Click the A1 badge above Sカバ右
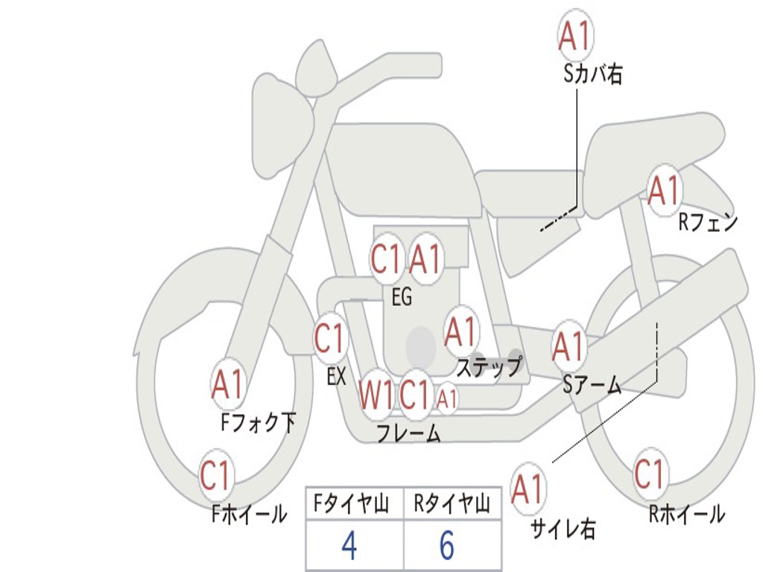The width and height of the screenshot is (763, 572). point(574,35)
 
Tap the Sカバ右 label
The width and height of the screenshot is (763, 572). point(593,74)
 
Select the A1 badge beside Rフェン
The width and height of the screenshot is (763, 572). point(663,191)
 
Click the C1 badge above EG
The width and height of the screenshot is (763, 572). point(386,260)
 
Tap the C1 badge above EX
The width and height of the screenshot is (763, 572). point(329,339)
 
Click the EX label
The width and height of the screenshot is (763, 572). point(337,377)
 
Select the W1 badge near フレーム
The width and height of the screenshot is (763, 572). point(375,395)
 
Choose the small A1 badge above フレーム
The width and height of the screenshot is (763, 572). point(447,399)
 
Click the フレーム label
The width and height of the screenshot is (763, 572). point(408,433)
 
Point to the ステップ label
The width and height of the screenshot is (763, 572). point(490,367)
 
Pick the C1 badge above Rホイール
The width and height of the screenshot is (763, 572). point(649,474)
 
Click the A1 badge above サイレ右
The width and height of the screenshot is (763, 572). point(528,489)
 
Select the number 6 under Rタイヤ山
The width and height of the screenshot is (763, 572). point(446,547)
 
